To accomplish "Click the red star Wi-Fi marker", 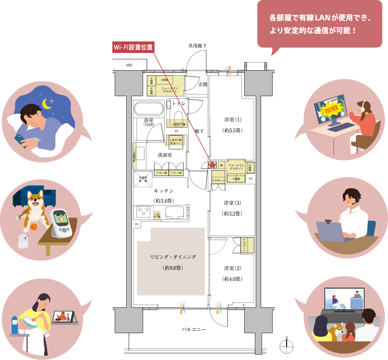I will coord(212,165).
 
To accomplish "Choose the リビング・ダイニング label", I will coord(173,257).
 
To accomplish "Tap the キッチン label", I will coord(164,191).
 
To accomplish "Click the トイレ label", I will coord(178,104).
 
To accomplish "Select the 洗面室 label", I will coord(165,155).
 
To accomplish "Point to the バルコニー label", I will coord(194,329).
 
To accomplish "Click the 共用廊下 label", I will coord(197,46).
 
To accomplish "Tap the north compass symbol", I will coord(286,347).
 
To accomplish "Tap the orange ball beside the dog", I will coord(33,227).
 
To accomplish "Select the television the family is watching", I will coord(344,300).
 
